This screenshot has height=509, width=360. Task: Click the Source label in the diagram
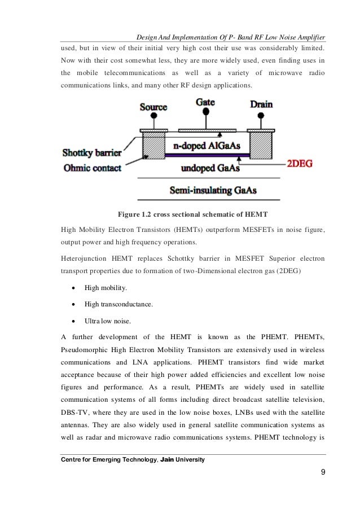pyautogui.click(x=153, y=106)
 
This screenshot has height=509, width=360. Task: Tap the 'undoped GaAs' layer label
pyautogui.click(x=208, y=168)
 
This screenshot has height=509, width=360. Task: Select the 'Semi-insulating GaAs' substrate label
pyautogui.click(x=214, y=190)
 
